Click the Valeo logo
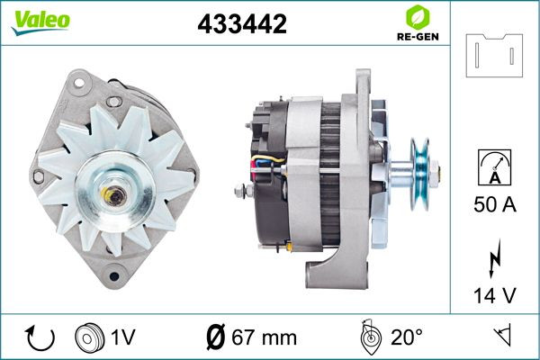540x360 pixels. pos(40,22)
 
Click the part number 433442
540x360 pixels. pos(242,23)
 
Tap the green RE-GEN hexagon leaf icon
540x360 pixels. pos(418,17)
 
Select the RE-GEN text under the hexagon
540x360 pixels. pos(418,37)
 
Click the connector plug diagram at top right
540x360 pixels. pos(494,55)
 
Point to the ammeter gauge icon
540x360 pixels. pos(494,167)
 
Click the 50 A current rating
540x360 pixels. pos(495,204)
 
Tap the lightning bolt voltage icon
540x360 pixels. pos(495,258)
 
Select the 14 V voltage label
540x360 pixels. pos(495,295)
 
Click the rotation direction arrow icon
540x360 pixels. pos(40,337)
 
